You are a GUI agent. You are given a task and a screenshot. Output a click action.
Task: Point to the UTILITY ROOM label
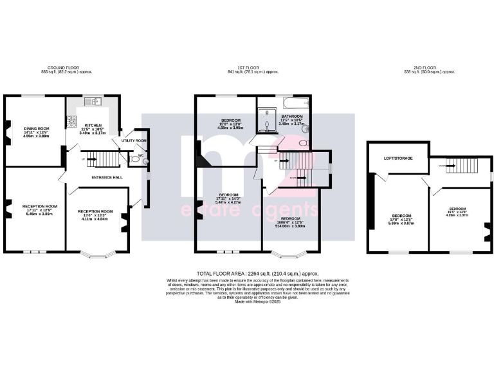point(134,140)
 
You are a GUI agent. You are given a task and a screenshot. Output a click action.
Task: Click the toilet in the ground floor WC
point(147,160)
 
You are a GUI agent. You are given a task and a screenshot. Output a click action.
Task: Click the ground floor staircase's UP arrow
point(83,158)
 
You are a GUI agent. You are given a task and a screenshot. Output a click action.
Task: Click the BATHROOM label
point(293,117)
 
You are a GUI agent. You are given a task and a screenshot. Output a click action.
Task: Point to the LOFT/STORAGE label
point(398,158)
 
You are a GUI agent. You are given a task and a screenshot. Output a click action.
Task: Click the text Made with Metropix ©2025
point(257,301)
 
